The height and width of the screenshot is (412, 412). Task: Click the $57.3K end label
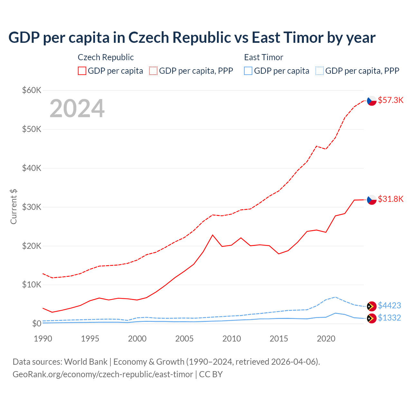(390, 100)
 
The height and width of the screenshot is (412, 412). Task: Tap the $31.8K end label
(390, 199)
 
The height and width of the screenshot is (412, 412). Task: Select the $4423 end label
(389, 305)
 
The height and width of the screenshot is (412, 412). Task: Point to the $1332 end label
(389, 318)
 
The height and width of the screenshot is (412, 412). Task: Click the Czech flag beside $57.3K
(372, 101)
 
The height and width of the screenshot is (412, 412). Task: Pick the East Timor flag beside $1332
(372, 318)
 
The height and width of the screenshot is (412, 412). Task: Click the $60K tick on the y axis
(32, 90)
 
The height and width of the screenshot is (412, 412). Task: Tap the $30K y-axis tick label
(32, 207)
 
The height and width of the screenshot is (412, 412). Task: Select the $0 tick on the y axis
(36, 323)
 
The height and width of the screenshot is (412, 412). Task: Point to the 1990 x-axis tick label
(43, 339)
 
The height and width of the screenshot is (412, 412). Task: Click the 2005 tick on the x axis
(184, 339)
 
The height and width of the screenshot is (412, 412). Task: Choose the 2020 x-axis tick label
(326, 339)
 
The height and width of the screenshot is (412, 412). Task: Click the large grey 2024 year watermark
(77, 108)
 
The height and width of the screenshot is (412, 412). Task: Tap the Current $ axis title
(14, 207)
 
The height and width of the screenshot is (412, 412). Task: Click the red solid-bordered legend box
(82, 71)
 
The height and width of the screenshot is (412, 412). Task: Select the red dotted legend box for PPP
(153, 71)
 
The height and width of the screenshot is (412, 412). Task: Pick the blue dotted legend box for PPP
(320, 71)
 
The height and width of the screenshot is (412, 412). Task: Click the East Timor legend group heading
(264, 57)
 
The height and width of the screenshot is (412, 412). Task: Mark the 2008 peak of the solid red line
(212, 235)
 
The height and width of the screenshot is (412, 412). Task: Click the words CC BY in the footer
(211, 374)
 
